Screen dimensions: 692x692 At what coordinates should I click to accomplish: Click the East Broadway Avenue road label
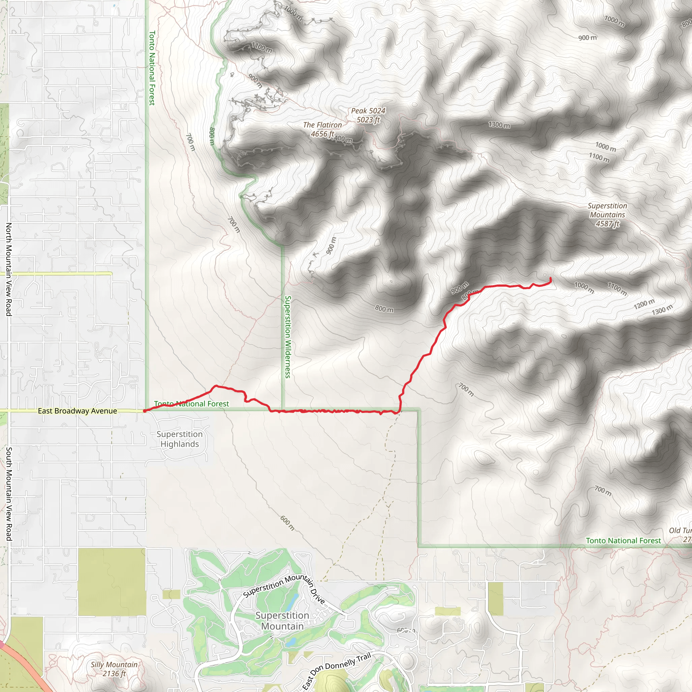pos(77,411)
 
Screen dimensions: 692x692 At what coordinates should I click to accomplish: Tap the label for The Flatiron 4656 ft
pos(322,129)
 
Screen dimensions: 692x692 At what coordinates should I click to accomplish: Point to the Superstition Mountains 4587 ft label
pos(608,215)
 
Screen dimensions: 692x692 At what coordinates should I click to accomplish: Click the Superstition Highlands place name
pos(179,439)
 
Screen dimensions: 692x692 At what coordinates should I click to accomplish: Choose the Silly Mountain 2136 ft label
pos(114,669)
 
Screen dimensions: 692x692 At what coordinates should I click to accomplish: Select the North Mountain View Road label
pos(8,269)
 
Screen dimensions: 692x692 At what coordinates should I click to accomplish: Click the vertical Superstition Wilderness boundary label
pos(288,337)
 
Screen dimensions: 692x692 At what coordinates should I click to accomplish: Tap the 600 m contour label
pos(287,523)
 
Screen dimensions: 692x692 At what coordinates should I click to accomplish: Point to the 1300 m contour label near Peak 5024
pos(499,125)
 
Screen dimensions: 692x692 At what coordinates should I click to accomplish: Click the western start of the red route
pos(145,411)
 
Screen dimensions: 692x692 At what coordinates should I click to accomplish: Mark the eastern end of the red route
pos(550,278)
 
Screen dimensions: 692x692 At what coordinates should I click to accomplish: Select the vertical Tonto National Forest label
pos(152,68)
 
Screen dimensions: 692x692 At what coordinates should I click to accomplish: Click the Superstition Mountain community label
pos(282,621)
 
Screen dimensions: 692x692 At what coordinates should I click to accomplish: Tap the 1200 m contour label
pos(644,304)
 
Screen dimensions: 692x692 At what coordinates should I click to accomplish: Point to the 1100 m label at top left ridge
pos(262,47)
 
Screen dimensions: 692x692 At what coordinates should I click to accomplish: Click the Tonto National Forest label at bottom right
pos(623,541)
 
